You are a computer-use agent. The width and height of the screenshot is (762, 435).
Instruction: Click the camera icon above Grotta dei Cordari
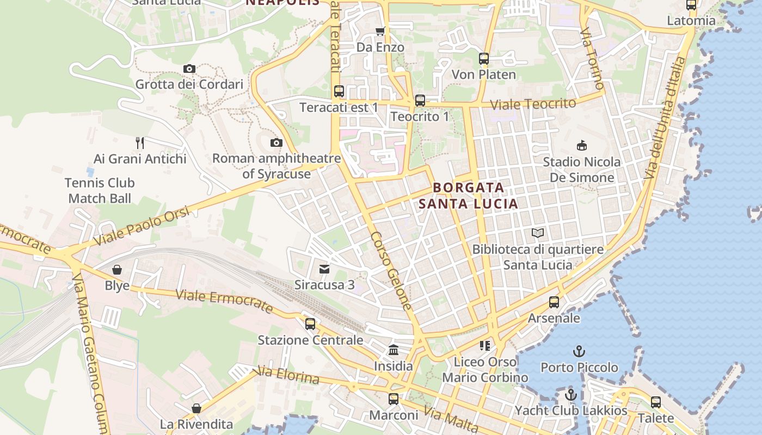(x=189, y=69)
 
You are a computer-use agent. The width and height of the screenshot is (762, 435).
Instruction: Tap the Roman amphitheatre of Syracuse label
(x=276, y=166)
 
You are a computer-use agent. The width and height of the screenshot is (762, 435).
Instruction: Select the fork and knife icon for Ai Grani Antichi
(x=140, y=143)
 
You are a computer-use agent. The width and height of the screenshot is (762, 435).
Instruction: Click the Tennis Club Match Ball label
(x=100, y=190)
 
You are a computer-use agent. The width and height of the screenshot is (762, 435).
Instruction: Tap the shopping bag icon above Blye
(x=117, y=269)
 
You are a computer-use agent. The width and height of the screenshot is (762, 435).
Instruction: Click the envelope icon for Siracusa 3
(x=324, y=269)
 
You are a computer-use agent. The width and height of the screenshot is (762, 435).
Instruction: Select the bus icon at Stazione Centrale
(x=310, y=324)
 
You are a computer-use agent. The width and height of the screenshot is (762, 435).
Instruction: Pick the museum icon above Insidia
(x=393, y=350)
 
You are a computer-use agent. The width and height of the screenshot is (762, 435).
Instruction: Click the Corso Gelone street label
(x=391, y=271)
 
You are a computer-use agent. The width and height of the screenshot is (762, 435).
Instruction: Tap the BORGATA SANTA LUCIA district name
(x=468, y=196)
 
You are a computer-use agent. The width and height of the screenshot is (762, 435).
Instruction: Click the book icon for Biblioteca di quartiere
(x=538, y=233)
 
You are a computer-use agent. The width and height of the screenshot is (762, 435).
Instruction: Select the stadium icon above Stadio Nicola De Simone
(x=582, y=145)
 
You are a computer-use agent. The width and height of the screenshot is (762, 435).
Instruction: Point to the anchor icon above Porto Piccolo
(x=579, y=351)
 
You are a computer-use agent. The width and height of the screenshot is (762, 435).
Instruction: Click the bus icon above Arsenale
(x=554, y=302)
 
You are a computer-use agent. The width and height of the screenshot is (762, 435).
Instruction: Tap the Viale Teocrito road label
(x=532, y=104)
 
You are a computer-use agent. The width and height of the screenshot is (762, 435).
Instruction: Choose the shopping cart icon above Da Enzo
(x=380, y=31)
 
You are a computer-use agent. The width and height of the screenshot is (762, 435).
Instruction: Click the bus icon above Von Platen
(x=484, y=58)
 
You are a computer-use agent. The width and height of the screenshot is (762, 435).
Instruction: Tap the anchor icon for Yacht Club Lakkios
(x=571, y=395)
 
